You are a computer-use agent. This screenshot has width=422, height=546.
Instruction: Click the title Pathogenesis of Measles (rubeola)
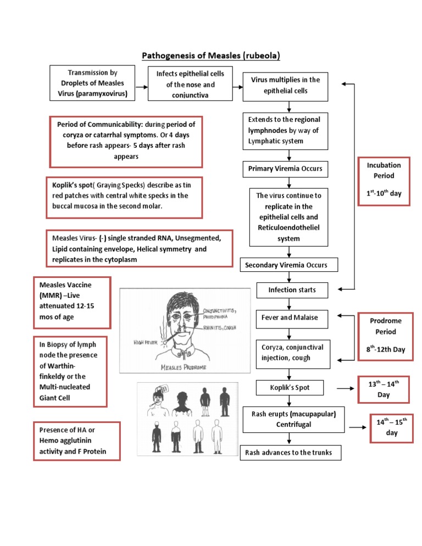pos(210,55)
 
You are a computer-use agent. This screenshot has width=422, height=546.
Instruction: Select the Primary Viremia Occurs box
pos(285,169)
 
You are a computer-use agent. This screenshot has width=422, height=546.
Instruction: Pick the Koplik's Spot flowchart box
pos(290,388)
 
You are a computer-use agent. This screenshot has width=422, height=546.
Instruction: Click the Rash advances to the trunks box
pos(290,453)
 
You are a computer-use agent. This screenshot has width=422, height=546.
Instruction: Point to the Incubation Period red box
pos(384,182)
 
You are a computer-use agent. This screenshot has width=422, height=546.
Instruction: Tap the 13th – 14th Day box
pos(384,389)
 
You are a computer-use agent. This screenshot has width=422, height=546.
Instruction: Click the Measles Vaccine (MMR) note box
pos(72,302)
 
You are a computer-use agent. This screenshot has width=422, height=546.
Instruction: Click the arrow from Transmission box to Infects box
pos(140,87)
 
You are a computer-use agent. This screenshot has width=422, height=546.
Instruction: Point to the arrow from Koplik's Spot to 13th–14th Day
pos(345,388)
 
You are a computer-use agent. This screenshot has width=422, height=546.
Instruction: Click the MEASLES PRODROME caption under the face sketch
pos(187,367)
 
